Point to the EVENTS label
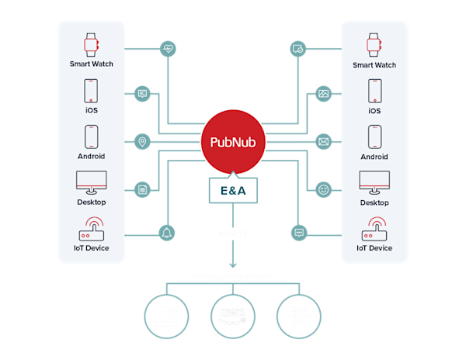[233, 232]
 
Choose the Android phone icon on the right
[374, 138]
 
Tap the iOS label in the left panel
[92, 110]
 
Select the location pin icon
[142, 142]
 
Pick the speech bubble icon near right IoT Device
[298, 232]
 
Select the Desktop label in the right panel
[374, 202]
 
